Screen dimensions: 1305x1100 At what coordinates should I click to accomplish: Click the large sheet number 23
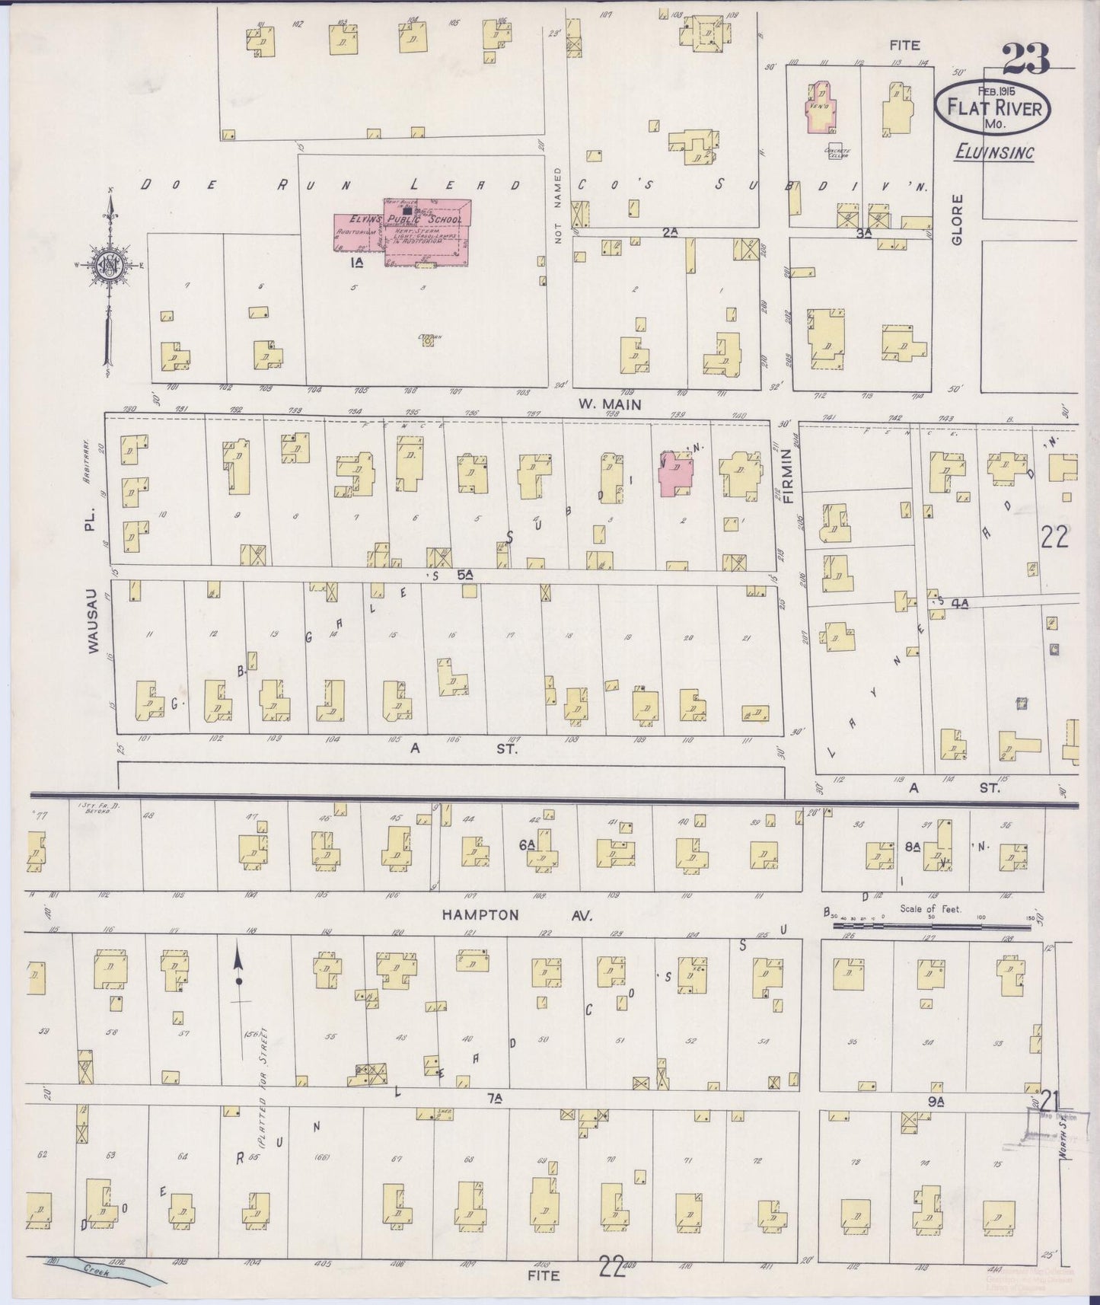[1025, 59]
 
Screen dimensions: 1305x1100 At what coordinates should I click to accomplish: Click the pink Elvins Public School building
[426, 232]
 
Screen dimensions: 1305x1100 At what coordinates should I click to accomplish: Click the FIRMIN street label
[787, 477]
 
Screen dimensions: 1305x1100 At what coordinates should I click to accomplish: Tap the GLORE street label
[957, 220]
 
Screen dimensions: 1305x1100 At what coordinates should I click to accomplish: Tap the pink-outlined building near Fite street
[821, 109]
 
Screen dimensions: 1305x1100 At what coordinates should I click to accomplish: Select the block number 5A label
[465, 576]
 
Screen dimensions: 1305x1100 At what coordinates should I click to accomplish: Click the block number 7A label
[495, 1097]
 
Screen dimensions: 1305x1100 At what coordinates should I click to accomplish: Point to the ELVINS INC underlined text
[994, 152]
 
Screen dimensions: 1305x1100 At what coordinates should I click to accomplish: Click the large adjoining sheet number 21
[1050, 1100]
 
